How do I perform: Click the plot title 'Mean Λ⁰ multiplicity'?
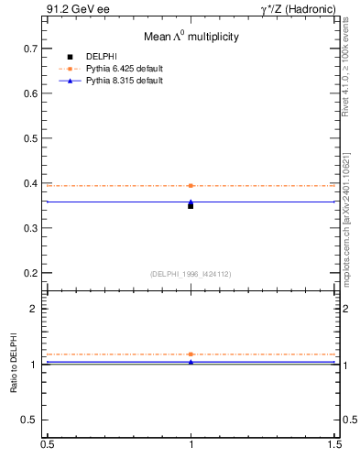coord(191,38)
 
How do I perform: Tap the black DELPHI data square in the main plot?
coord(191,206)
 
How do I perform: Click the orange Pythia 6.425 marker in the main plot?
coord(191,186)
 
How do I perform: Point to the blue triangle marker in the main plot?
coord(191,202)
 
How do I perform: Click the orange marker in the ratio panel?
coord(191,354)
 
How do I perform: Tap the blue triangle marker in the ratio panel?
coord(191,362)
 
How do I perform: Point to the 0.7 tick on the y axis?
coord(30,48)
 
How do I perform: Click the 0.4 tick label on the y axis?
coord(30,183)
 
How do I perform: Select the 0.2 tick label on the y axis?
coord(30,273)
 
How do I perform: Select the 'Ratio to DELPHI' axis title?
coord(14,365)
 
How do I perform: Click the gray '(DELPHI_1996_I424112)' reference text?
coord(191,273)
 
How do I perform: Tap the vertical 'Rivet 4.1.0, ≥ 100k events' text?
coord(345,69)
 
